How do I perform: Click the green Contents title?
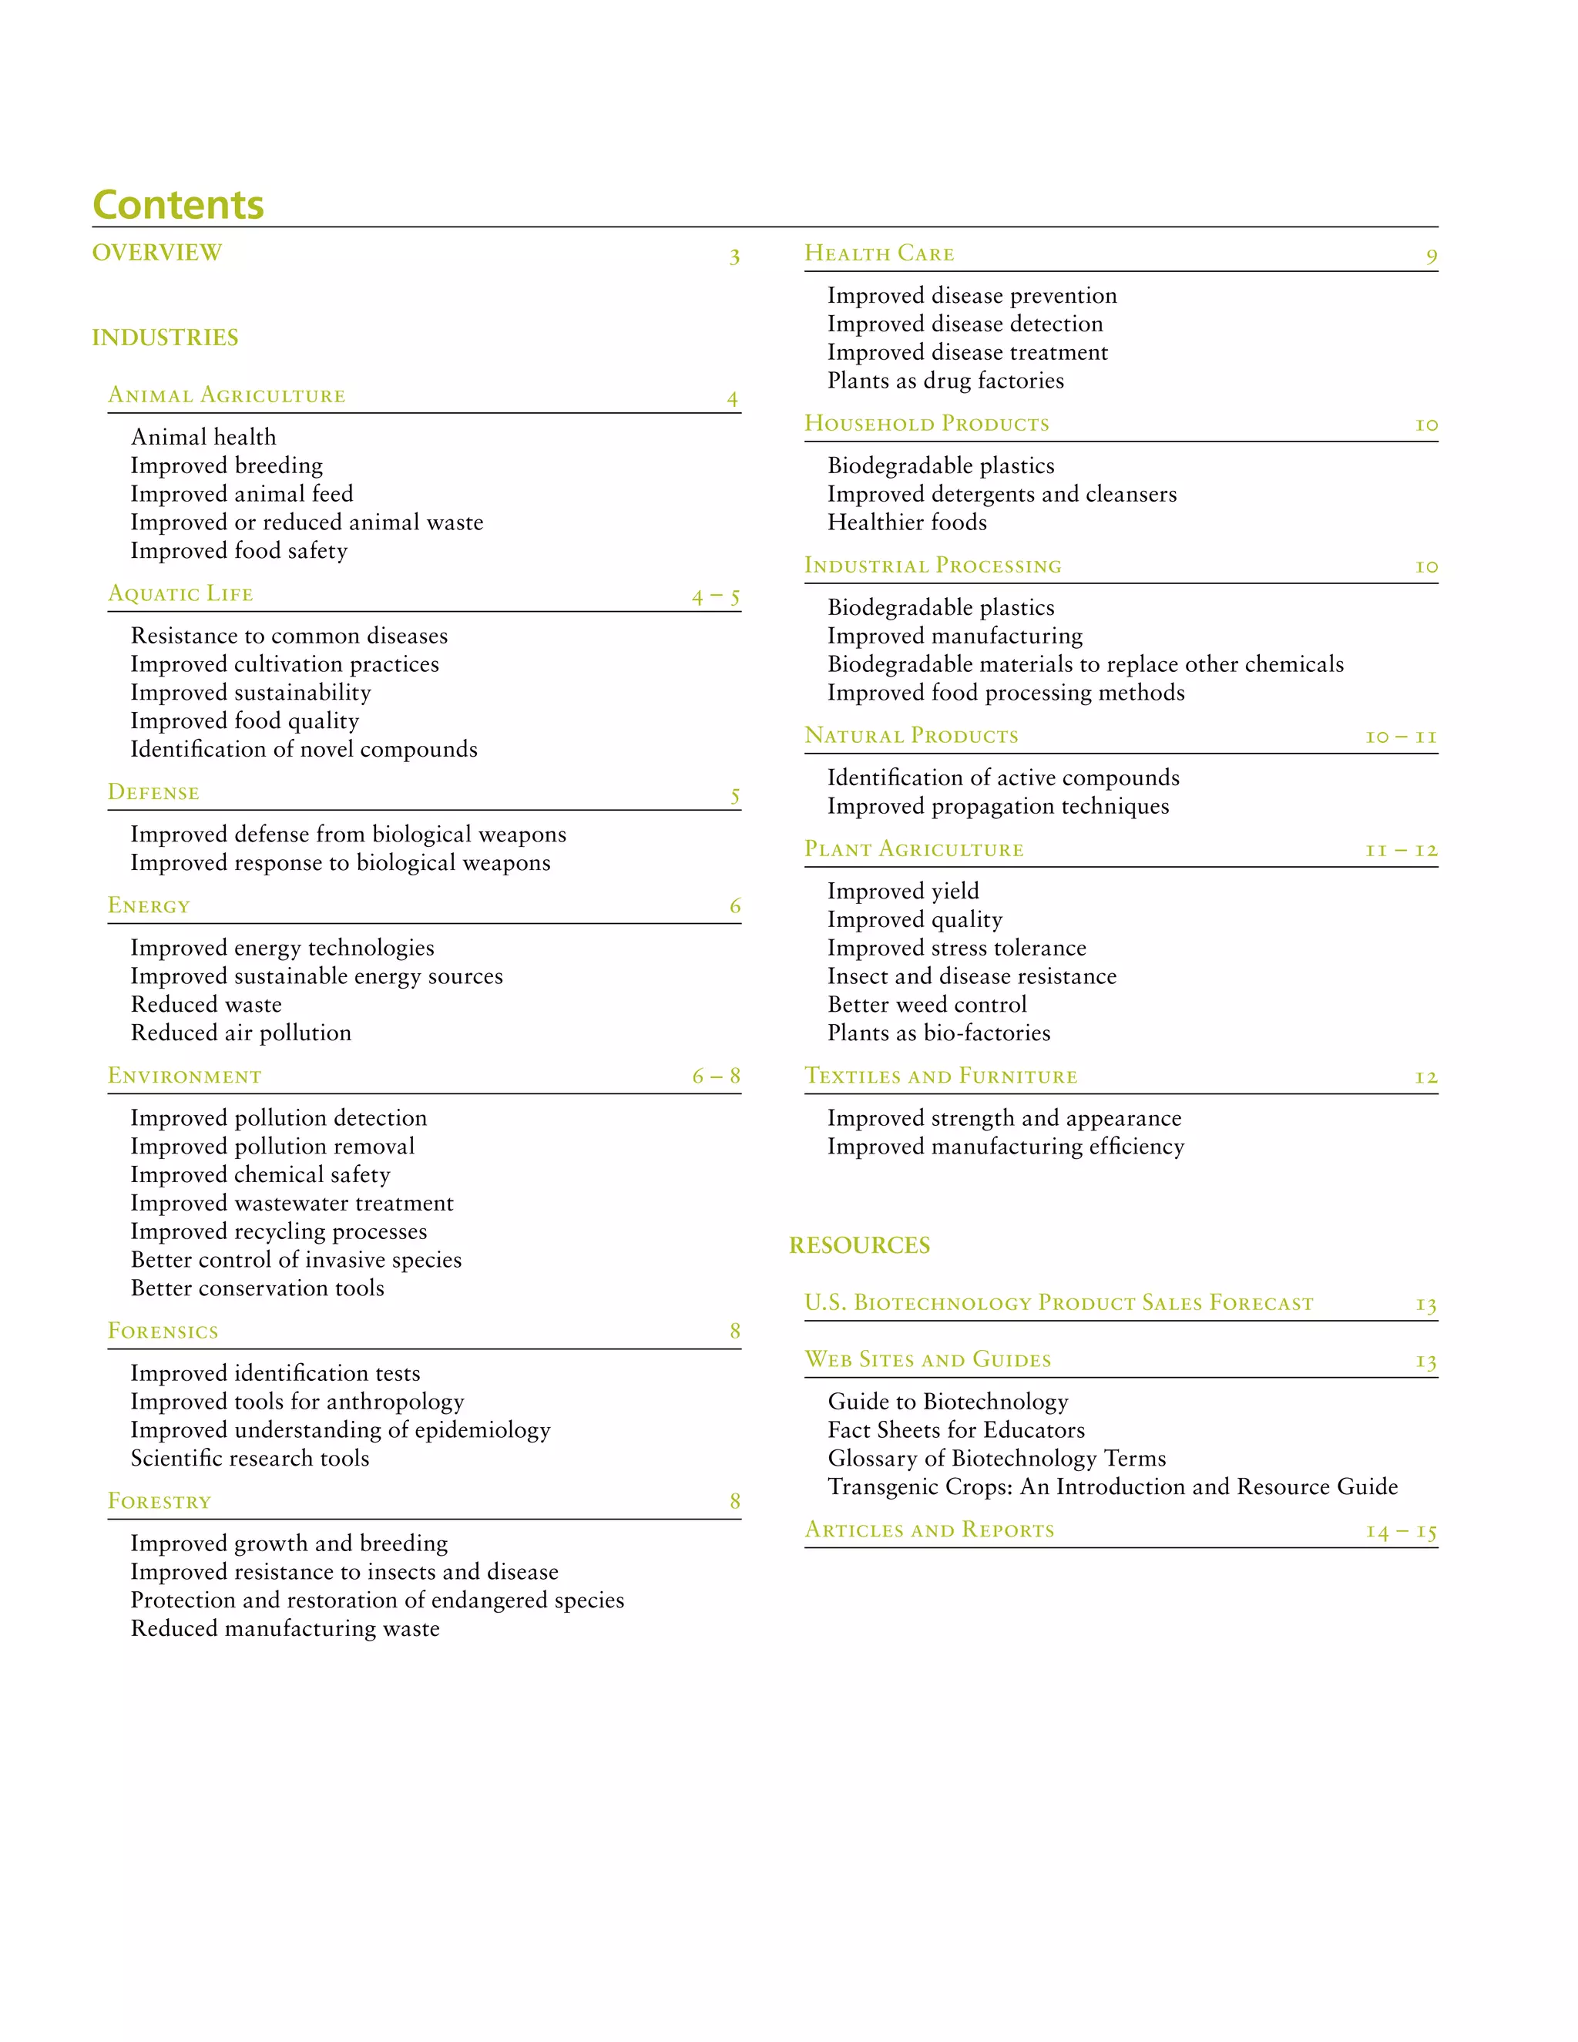click(x=178, y=205)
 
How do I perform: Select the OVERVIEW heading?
click(x=157, y=253)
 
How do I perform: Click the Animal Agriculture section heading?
click(x=227, y=395)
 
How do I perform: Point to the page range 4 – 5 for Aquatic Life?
click(x=716, y=596)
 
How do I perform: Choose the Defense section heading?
click(x=153, y=793)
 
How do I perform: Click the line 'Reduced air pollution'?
click(x=241, y=1033)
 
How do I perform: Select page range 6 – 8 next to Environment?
click(x=716, y=1076)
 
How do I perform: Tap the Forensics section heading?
click(x=163, y=1332)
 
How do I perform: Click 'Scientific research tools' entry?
click(x=250, y=1458)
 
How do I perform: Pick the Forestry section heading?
click(x=159, y=1502)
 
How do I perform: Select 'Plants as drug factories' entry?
click(x=945, y=381)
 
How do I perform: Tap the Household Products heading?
click(x=926, y=424)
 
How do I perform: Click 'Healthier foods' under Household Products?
click(x=907, y=522)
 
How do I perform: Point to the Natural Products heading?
click(x=912, y=736)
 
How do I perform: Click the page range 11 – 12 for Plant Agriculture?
click(x=1400, y=850)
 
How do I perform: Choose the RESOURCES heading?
click(x=859, y=1245)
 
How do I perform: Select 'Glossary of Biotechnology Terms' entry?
click(x=996, y=1458)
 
